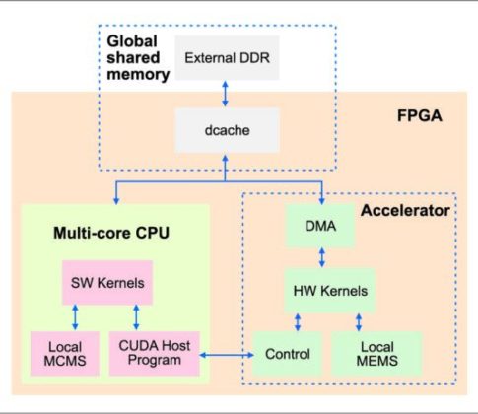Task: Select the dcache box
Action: [x=227, y=128]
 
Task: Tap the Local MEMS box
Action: [x=376, y=353]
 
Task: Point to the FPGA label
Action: [x=421, y=115]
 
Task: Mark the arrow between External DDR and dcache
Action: [x=227, y=93]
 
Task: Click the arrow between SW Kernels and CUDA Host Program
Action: [x=136, y=317]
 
